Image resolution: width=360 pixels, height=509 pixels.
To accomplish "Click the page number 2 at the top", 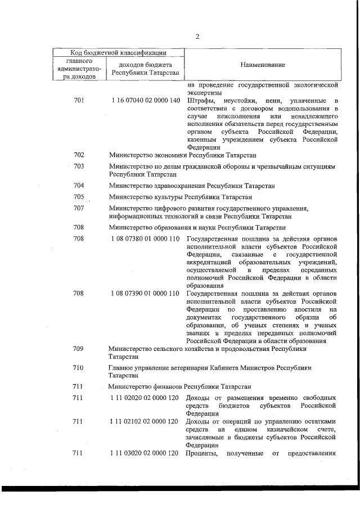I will (197, 37).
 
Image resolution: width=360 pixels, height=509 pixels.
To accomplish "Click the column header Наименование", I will (262, 65).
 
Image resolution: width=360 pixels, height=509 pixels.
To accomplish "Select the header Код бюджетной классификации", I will (118, 53).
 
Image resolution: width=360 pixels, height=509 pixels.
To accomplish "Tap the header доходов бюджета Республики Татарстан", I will (145, 69).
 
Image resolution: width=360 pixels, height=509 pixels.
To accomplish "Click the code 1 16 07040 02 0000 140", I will (145, 101).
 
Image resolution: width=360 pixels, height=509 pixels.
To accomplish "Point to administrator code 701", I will (79, 101).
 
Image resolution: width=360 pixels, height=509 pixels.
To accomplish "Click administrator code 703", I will (79, 166).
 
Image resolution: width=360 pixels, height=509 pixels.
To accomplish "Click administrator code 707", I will (79, 208).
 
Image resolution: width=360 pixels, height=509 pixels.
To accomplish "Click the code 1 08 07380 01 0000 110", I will (145, 238).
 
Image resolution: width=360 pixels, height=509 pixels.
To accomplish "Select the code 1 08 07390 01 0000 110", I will (145, 294).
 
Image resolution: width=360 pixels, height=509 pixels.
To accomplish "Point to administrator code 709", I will (79, 349).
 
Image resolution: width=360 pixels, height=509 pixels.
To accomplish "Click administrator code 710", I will (79, 368).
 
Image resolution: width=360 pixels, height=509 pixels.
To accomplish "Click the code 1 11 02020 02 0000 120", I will (145, 398).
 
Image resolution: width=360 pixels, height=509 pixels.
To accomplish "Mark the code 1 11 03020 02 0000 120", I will (145, 453).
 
